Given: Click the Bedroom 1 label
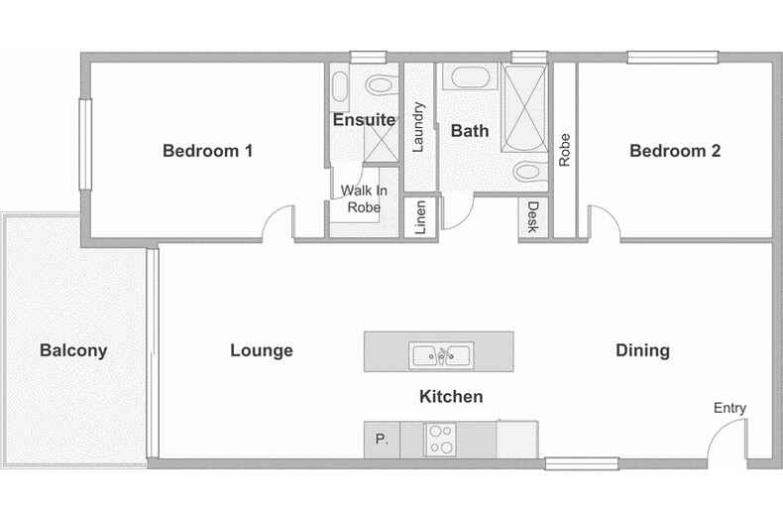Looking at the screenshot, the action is point(208,151).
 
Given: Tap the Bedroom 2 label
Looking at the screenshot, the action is point(675,151).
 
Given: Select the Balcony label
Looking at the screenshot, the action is point(73,350).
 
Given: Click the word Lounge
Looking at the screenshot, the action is point(262,350).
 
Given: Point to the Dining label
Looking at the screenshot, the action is point(642,350).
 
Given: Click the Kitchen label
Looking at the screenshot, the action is point(451,397).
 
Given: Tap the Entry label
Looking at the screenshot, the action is point(729,408).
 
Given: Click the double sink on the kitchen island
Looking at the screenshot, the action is point(441,355).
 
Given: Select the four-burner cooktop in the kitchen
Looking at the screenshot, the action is point(440,440).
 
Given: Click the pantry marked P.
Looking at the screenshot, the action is point(382,440).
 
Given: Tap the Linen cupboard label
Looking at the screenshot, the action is point(420,217).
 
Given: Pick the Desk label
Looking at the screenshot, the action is point(533,217).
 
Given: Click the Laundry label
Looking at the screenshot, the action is point(417,127).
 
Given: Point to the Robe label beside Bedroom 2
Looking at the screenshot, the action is point(564,150).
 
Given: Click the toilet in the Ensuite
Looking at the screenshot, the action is point(382,85).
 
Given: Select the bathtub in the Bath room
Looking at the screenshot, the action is point(471,77).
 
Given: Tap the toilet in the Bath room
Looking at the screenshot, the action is point(530,172).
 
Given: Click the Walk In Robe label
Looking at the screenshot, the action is point(364,198).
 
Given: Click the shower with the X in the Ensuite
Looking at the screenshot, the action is point(381,144).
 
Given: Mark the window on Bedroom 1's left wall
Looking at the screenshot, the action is point(85,145).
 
